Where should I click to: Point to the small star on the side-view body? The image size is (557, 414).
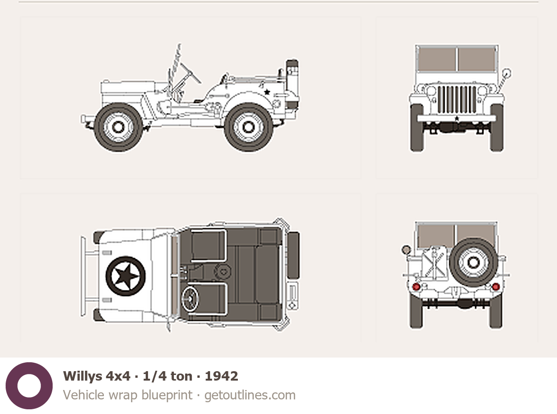[267, 92]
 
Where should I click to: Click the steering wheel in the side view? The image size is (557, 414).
[191, 73]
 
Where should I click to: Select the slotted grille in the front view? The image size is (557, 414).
[457, 99]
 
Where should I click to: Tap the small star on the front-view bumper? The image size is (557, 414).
[457, 118]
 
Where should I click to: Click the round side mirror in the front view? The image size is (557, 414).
[506, 73]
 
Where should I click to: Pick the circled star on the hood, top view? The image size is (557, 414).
[126, 276]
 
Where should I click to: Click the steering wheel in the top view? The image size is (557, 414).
[190, 299]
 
